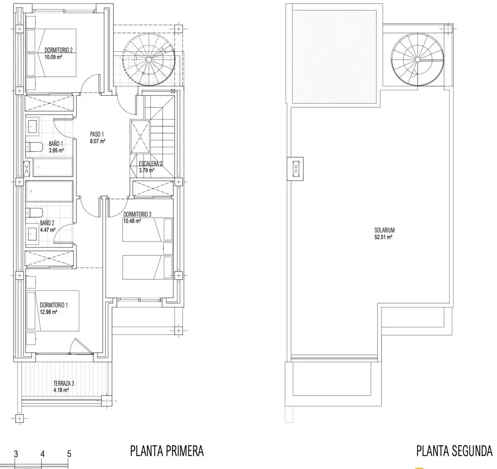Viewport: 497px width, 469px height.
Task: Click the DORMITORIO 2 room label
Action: click(x=58, y=50)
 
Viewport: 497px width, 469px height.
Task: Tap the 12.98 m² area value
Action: click(x=49, y=312)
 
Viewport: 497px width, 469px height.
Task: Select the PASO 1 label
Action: click(x=97, y=134)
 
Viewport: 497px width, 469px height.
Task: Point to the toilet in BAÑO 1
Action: click(x=34, y=147)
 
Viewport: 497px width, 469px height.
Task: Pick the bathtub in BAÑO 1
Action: click(x=53, y=167)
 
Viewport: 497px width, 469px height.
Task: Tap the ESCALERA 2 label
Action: click(x=151, y=164)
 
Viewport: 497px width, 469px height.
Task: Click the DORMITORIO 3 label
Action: click(x=137, y=214)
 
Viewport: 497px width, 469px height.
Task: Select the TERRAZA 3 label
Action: click(x=64, y=383)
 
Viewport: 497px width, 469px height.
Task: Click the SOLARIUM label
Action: click(x=384, y=231)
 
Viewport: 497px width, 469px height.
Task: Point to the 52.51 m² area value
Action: click(x=384, y=237)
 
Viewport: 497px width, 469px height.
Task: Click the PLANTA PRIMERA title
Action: click(x=167, y=451)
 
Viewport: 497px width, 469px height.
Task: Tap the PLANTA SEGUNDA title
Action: click(x=454, y=451)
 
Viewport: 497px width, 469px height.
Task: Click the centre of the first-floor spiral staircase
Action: click(x=149, y=59)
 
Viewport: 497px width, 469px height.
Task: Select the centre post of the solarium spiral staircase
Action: click(x=417, y=59)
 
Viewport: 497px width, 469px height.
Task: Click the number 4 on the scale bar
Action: click(x=43, y=454)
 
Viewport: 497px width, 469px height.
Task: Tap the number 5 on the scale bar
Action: click(x=69, y=454)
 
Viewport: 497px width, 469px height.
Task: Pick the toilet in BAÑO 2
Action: click(x=34, y=212)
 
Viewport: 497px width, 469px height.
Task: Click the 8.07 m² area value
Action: click(x=98, y=141)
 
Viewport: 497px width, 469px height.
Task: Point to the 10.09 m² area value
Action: click(x=53, y=57)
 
